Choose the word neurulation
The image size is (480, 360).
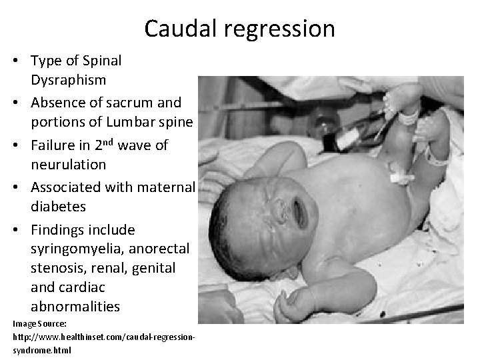(68, 163)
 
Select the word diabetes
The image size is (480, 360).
(58, 206)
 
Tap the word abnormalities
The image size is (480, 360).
(75, 307)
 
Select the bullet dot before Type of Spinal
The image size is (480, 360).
(18, 61)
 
